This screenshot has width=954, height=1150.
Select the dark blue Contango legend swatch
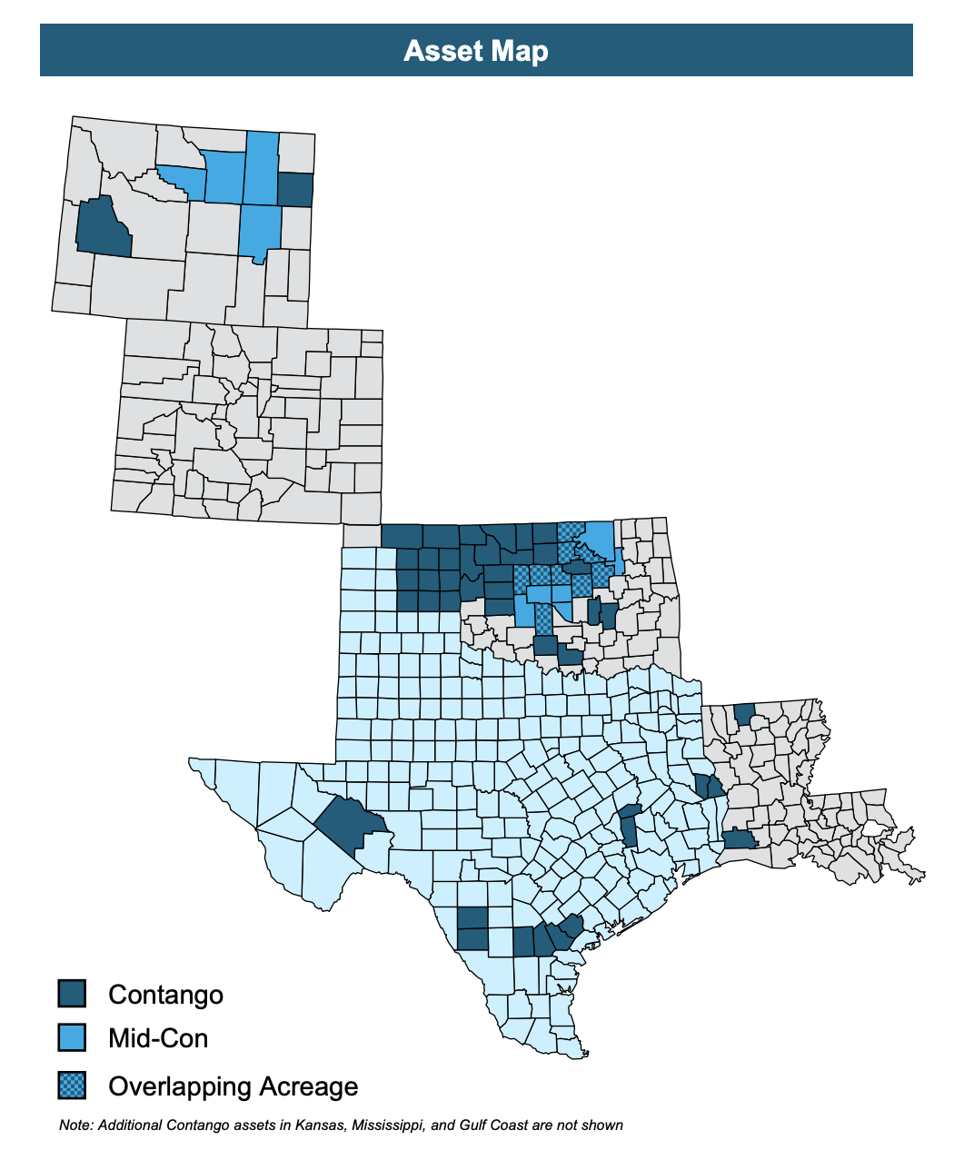[72, 993]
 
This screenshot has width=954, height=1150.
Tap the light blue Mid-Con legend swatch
[72, 1037]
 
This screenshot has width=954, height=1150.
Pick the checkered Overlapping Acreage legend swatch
[72, 1085]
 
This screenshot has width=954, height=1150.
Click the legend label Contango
[165, 995]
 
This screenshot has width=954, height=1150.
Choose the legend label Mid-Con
[158, 1038]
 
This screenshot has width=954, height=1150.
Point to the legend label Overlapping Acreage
[233, 1086]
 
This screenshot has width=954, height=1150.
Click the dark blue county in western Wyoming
[103, 227]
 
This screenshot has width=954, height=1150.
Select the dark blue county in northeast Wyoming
[295, 189]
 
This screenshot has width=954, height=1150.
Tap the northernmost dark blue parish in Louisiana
[744, 713]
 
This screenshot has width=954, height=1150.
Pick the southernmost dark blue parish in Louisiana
[739, 839]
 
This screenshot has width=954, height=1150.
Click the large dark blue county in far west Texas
[352, 824]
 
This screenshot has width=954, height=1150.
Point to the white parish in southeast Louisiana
[873, 828]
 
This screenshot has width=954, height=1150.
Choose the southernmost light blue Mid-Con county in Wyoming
[260, 231]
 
